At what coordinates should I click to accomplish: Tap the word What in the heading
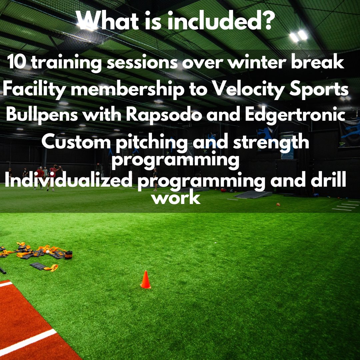106,21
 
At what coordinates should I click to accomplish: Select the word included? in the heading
221,21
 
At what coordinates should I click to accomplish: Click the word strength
271,143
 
